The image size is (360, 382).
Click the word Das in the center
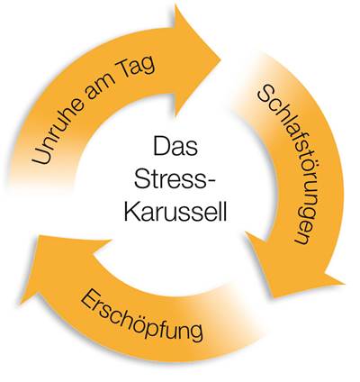pos(175,146)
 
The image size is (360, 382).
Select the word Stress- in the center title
pos(175,178)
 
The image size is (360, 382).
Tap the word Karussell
pos(175,211)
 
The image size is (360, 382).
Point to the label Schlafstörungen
pos(283,165)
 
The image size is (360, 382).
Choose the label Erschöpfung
pos(141,315)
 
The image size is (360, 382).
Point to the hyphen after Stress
pos(211,181)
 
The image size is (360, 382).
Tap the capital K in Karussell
pos(132,211)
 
